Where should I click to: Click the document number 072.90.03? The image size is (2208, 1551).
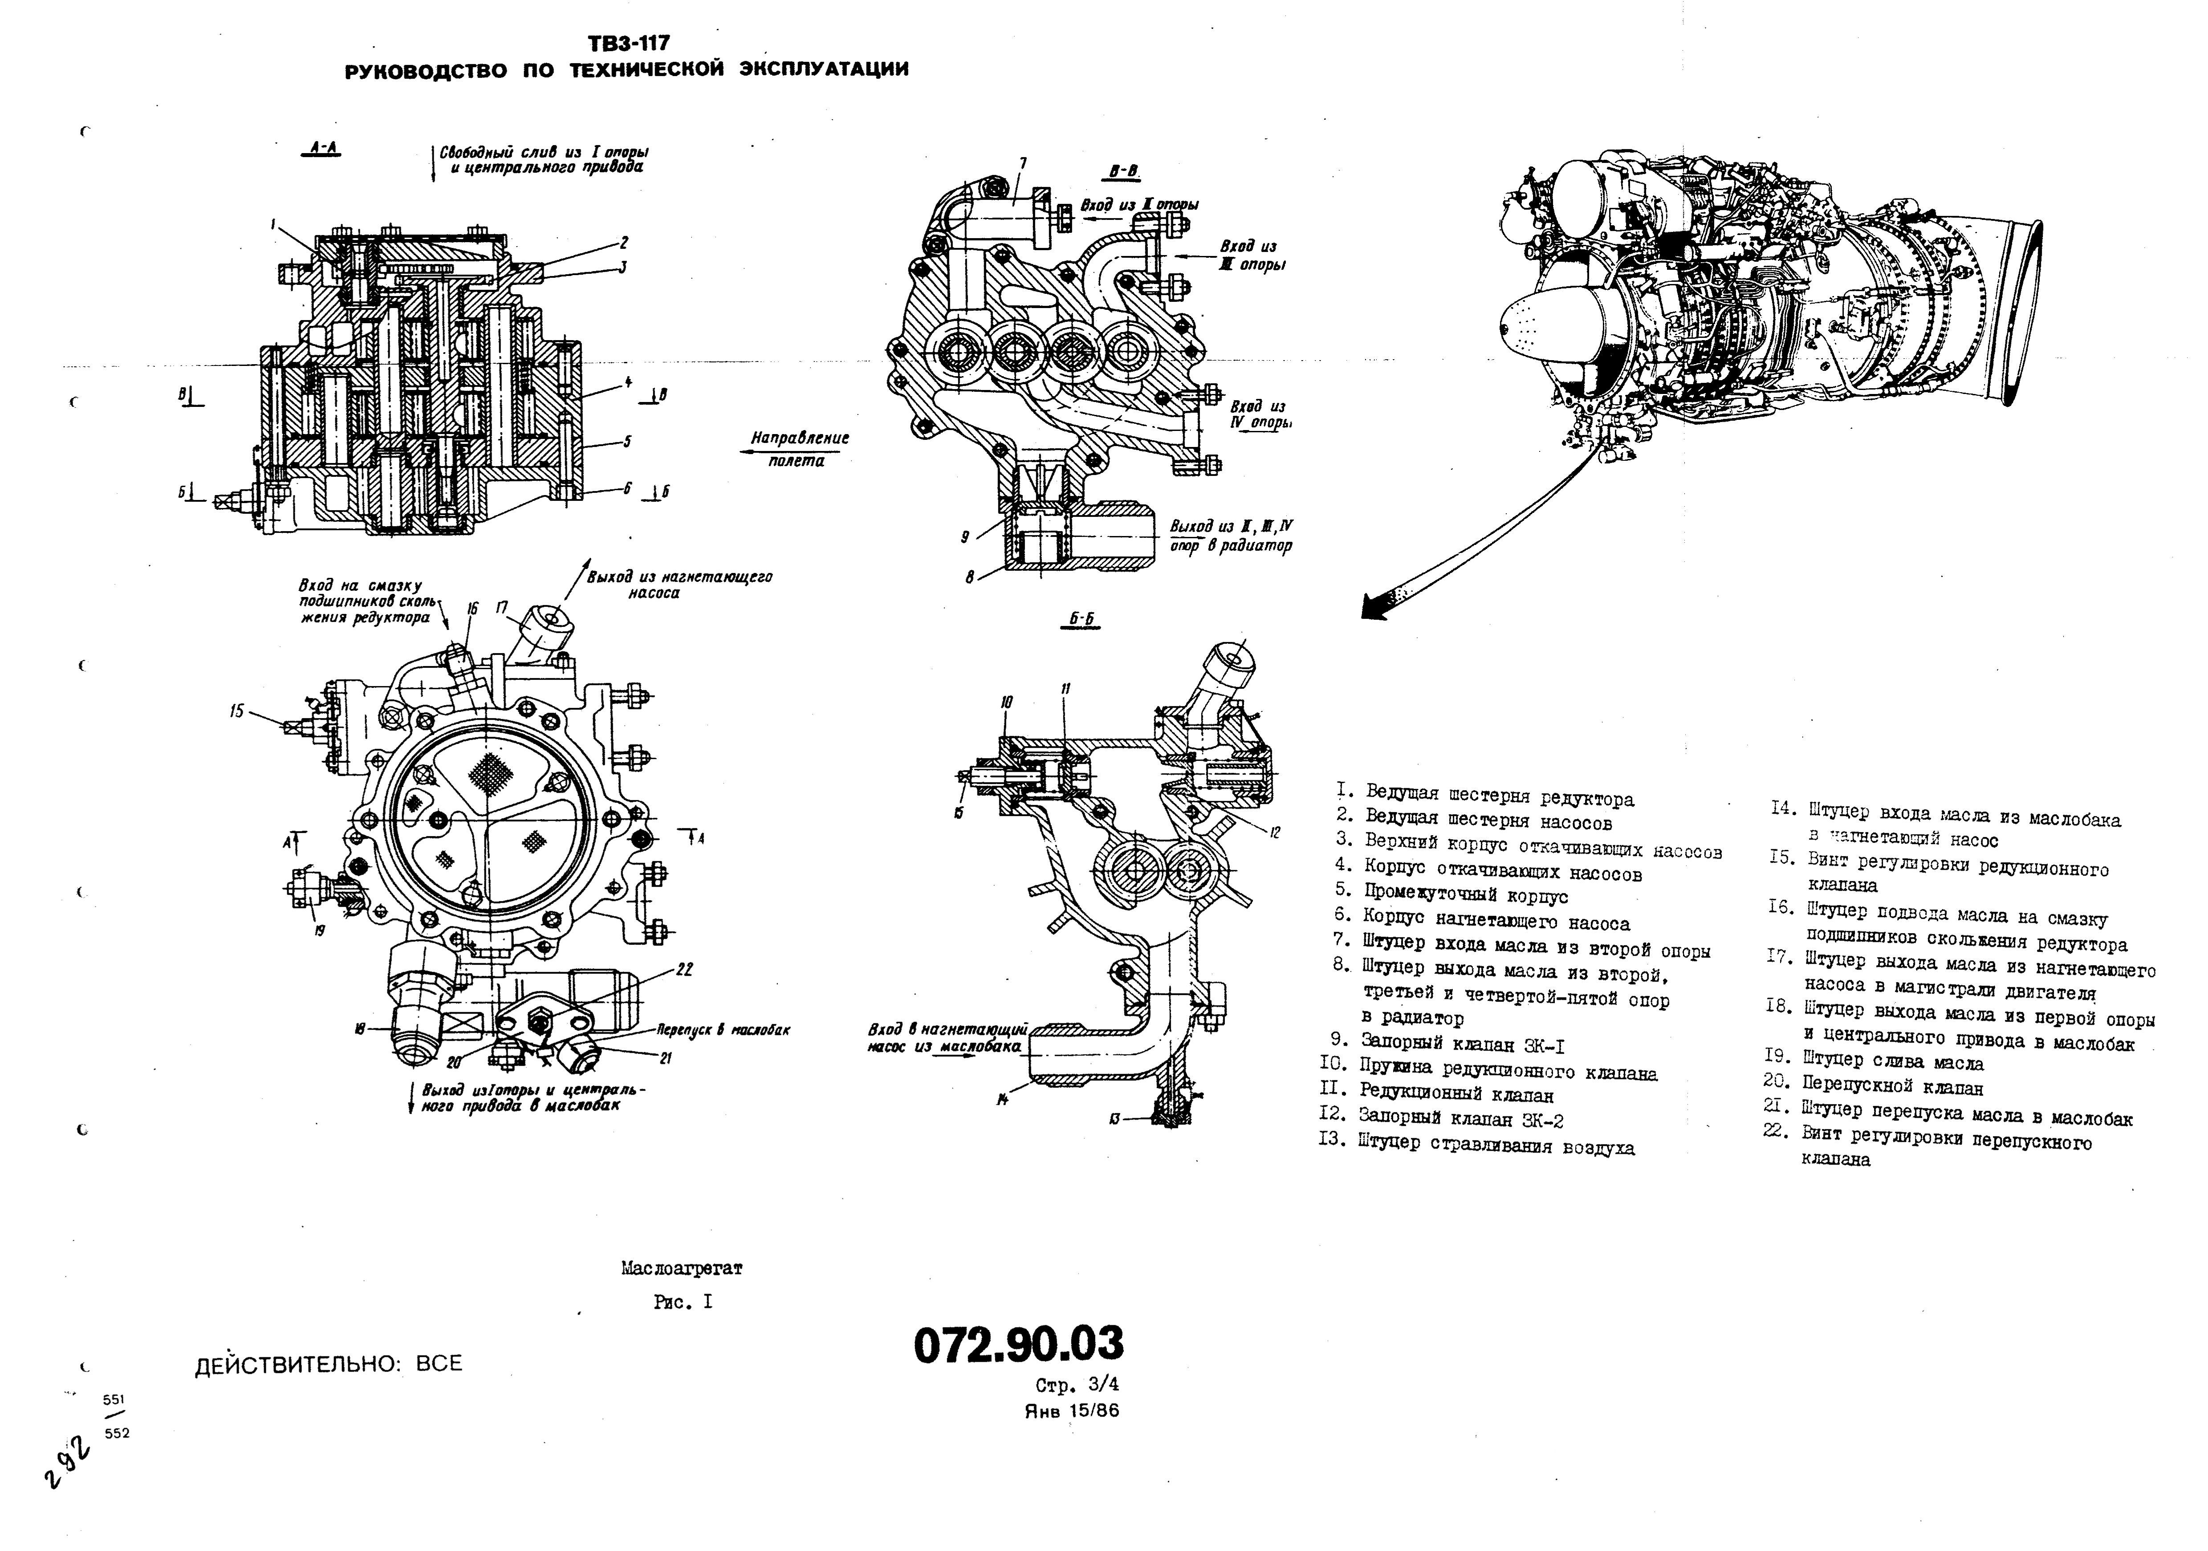[1017, 1344]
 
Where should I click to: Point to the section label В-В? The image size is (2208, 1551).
[1122, 172]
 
